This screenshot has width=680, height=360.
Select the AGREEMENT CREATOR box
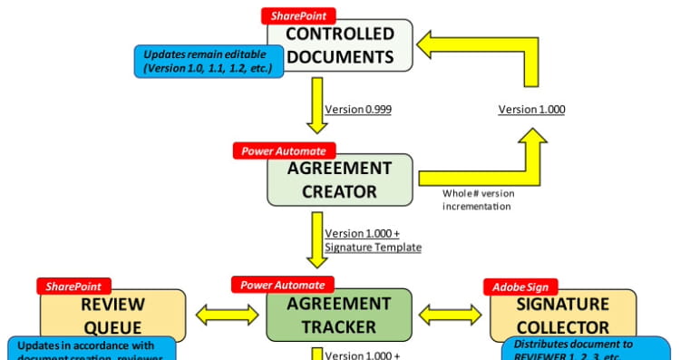pos(340,180)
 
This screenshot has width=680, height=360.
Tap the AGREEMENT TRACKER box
pos(340,315)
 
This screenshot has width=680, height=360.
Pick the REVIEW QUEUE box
pos(112,315)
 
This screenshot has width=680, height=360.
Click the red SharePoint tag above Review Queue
pos(75,287)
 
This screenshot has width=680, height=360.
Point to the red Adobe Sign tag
pos(526,287)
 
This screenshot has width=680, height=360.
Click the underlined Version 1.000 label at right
pos(531,110)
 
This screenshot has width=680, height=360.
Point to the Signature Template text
pos(372,247)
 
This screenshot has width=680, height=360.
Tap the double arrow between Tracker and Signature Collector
pos(451,315)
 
